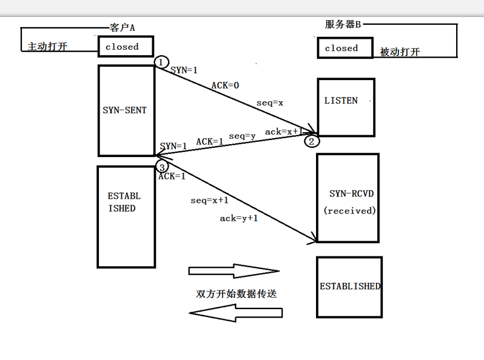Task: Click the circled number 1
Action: coord(161,62)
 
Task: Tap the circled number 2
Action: coord(311,142)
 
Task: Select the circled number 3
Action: coord(161,165)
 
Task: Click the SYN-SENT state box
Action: coord(126,111)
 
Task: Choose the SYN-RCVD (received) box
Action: coord(348,198)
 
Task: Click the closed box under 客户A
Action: coord(126,47)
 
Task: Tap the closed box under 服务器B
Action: coord(344,48)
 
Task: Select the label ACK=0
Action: coord(225,85)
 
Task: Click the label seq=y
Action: coord(242,136)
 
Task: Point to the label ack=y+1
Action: coord(238,218)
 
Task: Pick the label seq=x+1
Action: coord(209,200)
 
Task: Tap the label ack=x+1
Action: coord(283,132)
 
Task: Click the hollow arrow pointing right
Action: coord(234,271)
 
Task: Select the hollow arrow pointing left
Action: coord(236,313)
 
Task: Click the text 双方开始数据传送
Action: coord(236,293)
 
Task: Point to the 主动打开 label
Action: coord(48,47)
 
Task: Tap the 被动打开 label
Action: coord(400,52)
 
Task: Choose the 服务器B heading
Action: coord(343,24)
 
